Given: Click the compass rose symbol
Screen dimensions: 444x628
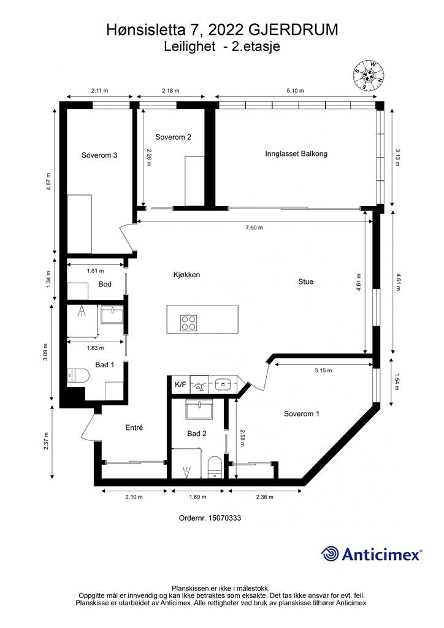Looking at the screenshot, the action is (x=369, y=75).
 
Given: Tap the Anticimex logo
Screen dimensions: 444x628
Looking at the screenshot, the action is (x=371, y=554).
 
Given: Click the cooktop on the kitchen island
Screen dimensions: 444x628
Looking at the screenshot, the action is (x=188, y=323).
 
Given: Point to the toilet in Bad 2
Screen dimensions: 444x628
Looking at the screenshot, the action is (x=215, y=467).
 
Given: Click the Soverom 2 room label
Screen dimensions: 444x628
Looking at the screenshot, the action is (x=173, y=137).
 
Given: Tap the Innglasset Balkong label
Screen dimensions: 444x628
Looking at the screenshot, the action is (x=296, y=153).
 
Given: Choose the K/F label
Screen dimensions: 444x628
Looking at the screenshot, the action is (x=180, y=385).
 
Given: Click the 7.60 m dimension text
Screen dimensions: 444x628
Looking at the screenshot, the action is (x=255, y=228).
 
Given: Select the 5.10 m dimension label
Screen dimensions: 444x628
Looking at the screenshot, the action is (x=295, y=91).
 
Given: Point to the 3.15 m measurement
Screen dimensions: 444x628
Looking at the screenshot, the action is (x=323, y=370).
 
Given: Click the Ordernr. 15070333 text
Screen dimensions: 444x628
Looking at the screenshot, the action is (x=210, y=518).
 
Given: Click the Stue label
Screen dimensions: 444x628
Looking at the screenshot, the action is (x=305, y=281).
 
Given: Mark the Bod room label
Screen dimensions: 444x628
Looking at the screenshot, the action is (x=105, y=284).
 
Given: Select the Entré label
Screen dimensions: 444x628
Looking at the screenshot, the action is (x=134, y=427).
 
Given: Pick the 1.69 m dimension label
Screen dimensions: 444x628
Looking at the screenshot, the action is (x=197, y=497).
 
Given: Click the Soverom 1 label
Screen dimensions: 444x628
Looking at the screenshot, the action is (x=302, y=414).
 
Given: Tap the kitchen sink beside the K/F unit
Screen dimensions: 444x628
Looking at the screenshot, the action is (x=222, y=385).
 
